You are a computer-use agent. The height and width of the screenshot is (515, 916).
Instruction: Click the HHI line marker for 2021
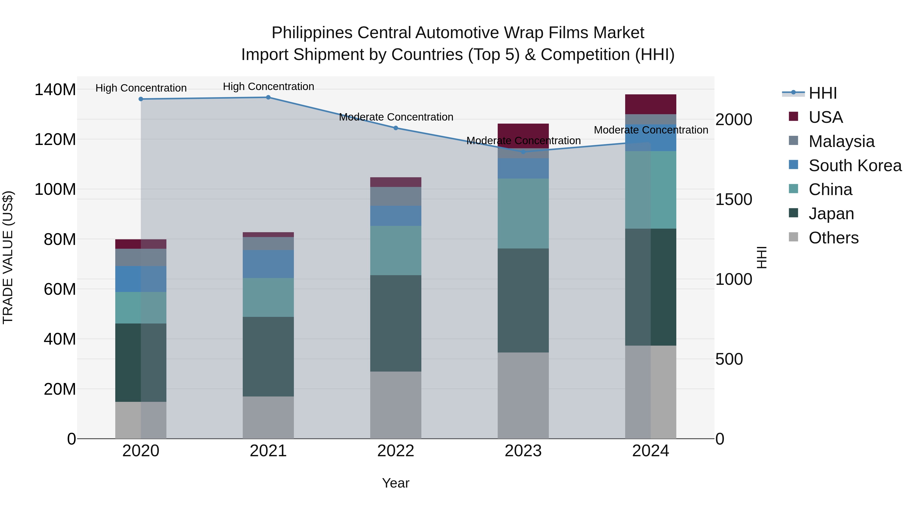268,97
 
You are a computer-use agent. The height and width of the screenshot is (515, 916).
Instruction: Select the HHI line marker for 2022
396,128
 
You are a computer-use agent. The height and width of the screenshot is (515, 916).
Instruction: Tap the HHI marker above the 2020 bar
141,99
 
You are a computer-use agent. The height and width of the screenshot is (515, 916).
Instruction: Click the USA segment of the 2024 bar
651,104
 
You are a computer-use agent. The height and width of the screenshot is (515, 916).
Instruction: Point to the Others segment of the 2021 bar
268,417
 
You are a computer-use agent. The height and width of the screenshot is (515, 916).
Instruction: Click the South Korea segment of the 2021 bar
268,264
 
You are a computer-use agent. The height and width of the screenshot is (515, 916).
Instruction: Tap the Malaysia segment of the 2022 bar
396,196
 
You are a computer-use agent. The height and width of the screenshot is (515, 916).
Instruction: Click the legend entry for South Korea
855,166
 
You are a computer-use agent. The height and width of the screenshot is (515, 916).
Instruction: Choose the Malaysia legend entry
841,141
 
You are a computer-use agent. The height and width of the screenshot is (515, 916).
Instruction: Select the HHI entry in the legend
822,93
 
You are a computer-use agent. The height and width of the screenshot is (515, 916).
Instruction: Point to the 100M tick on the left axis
55,189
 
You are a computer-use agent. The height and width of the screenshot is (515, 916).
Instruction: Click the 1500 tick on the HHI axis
734,199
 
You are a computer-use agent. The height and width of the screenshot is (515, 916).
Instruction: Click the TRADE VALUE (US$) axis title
8,257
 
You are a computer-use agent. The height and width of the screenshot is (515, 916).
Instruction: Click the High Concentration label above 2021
268,86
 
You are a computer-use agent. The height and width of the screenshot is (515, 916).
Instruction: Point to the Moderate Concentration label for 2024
651,130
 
